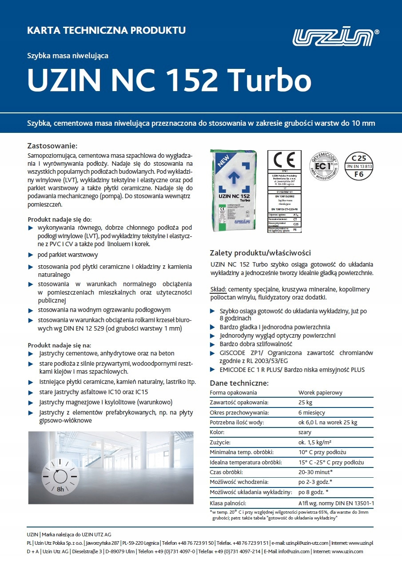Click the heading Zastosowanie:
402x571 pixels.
(52, 146)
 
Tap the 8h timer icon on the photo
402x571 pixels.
(60, 477)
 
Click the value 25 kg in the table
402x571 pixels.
(306, 403)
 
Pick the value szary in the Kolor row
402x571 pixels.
(305, 432)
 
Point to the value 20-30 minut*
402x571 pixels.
(316, 472)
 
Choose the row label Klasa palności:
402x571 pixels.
(228, 503)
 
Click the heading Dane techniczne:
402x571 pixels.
(239, 383)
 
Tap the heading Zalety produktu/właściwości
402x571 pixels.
(260, 253)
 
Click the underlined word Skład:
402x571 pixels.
(218, 289)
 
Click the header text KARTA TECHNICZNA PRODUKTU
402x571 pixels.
(106, 31)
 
